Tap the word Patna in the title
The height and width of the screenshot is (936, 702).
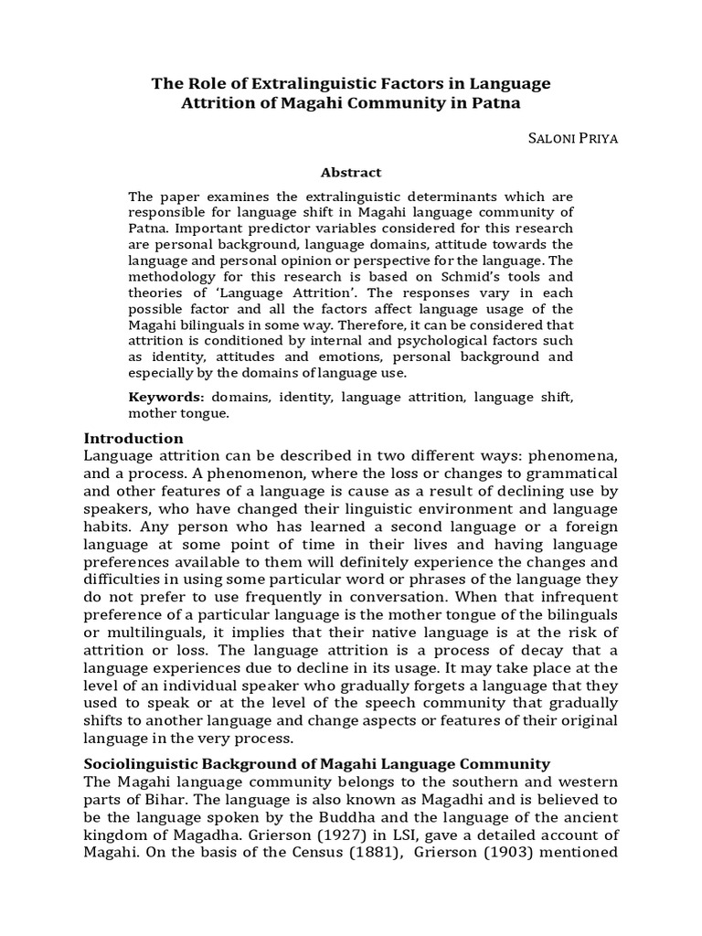point(494,104)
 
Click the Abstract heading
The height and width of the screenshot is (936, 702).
point(351,172)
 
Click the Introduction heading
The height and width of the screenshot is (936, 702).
point(133,438)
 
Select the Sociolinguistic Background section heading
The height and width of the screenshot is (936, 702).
point(316,763)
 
